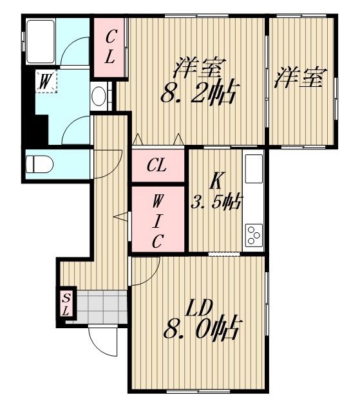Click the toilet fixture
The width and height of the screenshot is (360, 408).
pos(39,164)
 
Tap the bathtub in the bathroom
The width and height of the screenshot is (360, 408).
pos(41,42)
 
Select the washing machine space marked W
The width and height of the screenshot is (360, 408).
pos(46,81)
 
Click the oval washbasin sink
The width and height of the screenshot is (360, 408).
pos(99,96)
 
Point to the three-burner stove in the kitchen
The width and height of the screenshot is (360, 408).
pos(254,236)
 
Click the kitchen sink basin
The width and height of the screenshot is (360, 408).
pos(254,169)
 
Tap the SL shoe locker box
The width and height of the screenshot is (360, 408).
pos(66,303)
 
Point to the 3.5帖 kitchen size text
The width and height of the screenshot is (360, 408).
pos(216,202)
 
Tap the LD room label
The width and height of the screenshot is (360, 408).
pos(199,308)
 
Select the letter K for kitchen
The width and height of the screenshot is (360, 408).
pos(216,181)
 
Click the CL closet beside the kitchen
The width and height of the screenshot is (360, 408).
pos(158,165)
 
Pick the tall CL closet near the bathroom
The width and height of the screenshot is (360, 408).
pos(109,48)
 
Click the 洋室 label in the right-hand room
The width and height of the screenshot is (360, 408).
pos(300,77)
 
